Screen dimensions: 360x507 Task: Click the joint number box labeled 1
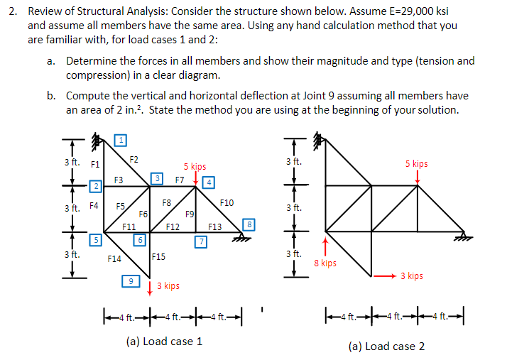click(x=121, y=139)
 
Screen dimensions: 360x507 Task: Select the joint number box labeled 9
click(x=130, y=281)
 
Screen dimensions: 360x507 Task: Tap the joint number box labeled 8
click(x=249, y=225)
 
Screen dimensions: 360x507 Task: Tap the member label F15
click(x=158, y=256)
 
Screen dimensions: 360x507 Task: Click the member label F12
click(x=172, y=227)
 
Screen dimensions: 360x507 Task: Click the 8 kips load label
click(x=325, y=263)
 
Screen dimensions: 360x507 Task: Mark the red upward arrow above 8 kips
click(x=326, y=245)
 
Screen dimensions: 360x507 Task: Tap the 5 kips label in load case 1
click(x=195, y=167)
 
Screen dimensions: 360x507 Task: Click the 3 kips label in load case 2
click(x=411, y=276)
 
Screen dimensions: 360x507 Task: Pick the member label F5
click(x=121, y=206)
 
